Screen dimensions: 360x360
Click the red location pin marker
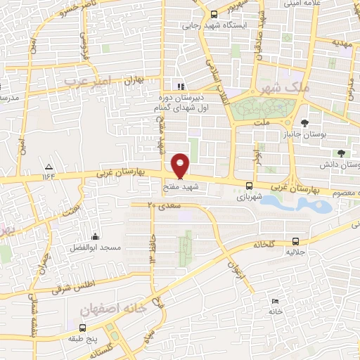181,165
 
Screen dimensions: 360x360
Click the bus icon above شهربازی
250,186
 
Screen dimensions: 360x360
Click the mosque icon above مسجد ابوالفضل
96,236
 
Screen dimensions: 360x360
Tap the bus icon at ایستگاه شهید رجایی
214,14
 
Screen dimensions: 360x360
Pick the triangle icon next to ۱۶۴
49,167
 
